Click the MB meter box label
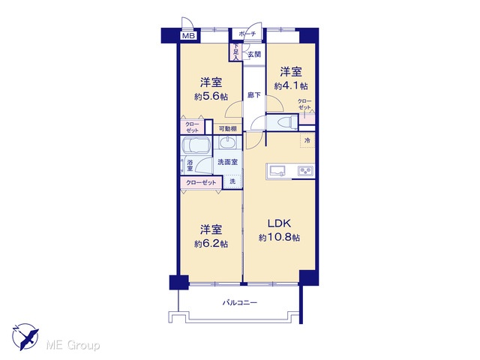pyautogui.click(x=188, y=36)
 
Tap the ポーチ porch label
pyautogui.click(x=247, y=33)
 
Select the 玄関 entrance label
pyautogui.click(x=253, y=55)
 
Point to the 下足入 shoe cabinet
pyautogui.click(x=236, y=52)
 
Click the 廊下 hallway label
pyautogui.click(x=253, y=95)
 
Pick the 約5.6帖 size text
pyautogui.click(x=211, y=97)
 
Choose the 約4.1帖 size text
pyautogui.click(x=291, y=86)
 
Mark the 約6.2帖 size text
pyautogui.click(x=211, y=244)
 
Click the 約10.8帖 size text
pyautogui.click(x=279, y=238)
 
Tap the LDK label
pyautogui.click(x=279, y=223)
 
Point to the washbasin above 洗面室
pyautogui.click(x=226, y=143)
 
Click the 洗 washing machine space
pyautogui.click(x=232, y=181)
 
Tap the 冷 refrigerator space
pyautogui.click(x=307, y=140)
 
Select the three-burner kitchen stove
pyautogui.click(x=306, y=171)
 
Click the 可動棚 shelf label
pyautogui.click(x=228, y=129)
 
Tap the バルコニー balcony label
pyautogui.click(x=240, y=303)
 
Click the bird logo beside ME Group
pyautogui.click(x=25, y=337)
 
